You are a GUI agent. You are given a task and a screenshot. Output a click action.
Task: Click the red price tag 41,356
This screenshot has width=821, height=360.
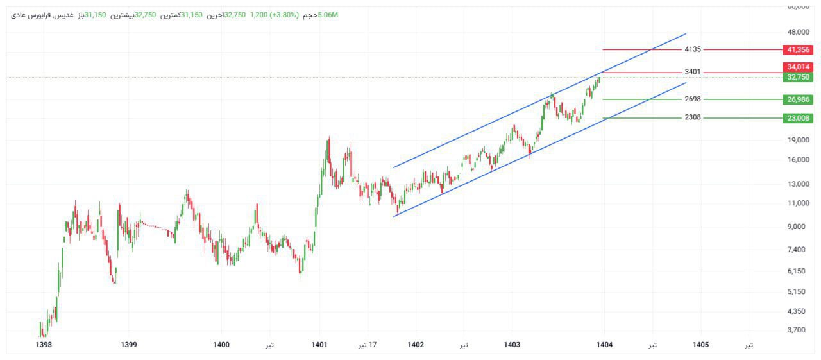point(799,49)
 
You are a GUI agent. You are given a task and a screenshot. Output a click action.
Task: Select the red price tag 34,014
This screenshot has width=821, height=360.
point(799,67)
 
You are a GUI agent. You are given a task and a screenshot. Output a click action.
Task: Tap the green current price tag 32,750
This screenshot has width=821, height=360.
point(799,77)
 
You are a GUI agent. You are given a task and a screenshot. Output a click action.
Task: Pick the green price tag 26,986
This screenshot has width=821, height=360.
point(799,99)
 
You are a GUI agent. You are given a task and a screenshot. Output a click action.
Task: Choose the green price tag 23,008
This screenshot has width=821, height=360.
point(799,118)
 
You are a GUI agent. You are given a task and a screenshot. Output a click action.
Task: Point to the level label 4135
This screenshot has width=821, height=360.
point(693,49)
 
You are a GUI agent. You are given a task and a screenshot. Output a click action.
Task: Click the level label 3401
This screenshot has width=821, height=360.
point(693,73)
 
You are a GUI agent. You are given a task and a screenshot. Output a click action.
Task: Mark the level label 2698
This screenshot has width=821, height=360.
point(693,99)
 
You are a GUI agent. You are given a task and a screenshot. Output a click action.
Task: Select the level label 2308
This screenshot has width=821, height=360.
point(693,117)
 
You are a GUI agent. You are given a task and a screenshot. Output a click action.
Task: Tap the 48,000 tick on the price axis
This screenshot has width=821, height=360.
point(798,32)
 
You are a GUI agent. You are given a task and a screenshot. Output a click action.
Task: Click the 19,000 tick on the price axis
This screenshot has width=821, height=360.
point(798,140)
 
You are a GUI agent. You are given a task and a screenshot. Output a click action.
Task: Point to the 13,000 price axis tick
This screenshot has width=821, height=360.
point(798,184)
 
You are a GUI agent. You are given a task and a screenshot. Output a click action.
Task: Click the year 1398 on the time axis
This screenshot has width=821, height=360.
point(44,345)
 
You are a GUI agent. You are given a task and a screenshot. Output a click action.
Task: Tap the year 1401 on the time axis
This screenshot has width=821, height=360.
point(319,345)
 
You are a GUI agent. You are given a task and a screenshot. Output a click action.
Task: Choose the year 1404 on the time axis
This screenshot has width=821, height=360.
point(604,345)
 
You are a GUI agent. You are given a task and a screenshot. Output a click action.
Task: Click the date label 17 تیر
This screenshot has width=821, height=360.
point(368,345)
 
